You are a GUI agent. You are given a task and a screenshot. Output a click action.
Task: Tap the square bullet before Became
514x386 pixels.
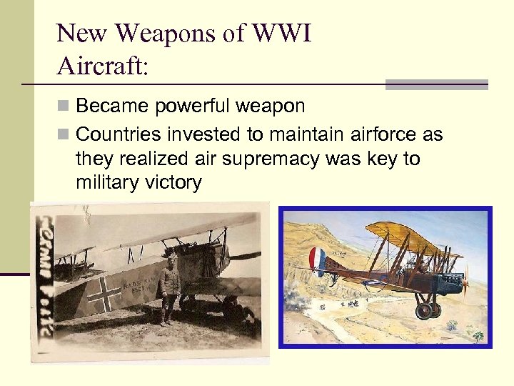pyautogui.click(x=63, y=107)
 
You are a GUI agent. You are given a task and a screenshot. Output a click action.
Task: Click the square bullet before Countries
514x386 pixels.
pyautogui.click(x=63, y=134)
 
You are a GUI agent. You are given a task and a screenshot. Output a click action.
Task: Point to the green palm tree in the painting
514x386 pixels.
pyautogui.click(x=477, y=334)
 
